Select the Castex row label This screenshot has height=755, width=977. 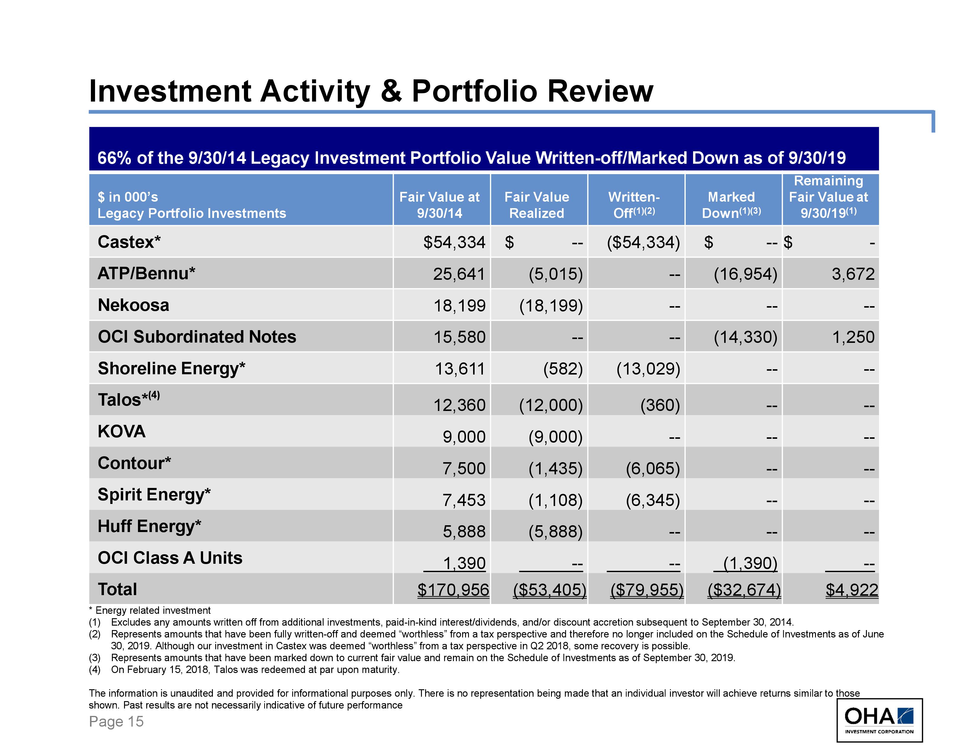(x=129, y=242)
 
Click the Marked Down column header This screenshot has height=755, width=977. (x=731, y=205)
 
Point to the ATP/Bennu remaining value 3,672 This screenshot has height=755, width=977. (x=853, y=274)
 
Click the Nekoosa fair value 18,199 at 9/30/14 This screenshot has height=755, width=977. (x=459, y=306)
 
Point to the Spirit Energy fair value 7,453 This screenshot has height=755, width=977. (x=464, y=499)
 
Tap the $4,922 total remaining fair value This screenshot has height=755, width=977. (x=851, y=589)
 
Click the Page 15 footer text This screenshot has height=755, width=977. (x=116, y=722)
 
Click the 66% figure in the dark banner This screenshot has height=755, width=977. (x=115, y=158)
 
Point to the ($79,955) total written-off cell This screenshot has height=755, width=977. (x=647, y=589)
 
